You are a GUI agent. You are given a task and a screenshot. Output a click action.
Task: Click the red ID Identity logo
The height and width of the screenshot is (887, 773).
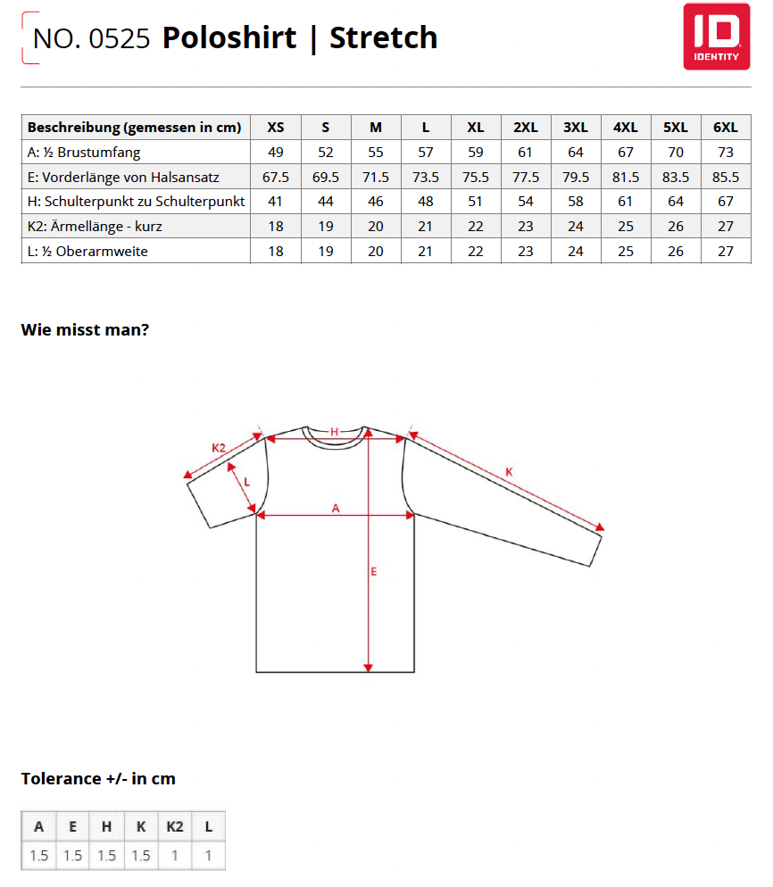coord(711,36)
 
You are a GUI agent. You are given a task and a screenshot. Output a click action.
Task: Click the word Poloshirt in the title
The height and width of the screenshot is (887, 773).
coord(229,37)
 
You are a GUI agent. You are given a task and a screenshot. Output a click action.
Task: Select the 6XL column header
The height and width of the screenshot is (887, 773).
coord(726,128)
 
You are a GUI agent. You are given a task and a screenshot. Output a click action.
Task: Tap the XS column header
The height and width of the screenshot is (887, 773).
coord(276,128)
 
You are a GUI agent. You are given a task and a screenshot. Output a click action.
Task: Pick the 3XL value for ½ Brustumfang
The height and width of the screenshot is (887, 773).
coord(576,153)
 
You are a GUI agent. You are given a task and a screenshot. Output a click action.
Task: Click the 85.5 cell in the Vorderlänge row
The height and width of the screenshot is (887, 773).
coord(726,178)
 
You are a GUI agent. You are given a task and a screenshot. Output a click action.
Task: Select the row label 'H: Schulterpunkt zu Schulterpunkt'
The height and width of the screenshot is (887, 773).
coord(137,202)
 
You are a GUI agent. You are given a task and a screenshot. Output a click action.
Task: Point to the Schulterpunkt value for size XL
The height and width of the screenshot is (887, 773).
coord(476,202)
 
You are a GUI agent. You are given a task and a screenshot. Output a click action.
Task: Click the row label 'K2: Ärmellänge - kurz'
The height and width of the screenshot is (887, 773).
coord(95,227)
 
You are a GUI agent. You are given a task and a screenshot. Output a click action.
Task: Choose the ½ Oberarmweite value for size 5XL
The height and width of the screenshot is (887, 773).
coord(676,252)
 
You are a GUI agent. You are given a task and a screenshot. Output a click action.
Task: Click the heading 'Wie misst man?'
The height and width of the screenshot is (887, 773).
coord(85,329)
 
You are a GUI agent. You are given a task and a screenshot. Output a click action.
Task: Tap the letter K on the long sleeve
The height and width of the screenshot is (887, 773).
coord(509,471)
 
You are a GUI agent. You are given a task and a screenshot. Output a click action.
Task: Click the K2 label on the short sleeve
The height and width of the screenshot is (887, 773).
coord(218,447)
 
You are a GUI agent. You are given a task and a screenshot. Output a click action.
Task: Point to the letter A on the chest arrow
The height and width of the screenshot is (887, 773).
coord(336,508)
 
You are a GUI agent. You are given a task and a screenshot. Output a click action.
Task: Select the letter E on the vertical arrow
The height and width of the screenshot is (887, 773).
coord(374,571)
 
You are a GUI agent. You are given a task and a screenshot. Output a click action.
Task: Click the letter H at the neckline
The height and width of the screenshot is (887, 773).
coord(335,432)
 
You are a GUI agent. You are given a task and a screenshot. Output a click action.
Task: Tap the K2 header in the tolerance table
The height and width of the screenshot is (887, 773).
coord(174,826)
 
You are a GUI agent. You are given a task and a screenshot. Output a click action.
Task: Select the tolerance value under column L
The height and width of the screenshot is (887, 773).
coord(208,856)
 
